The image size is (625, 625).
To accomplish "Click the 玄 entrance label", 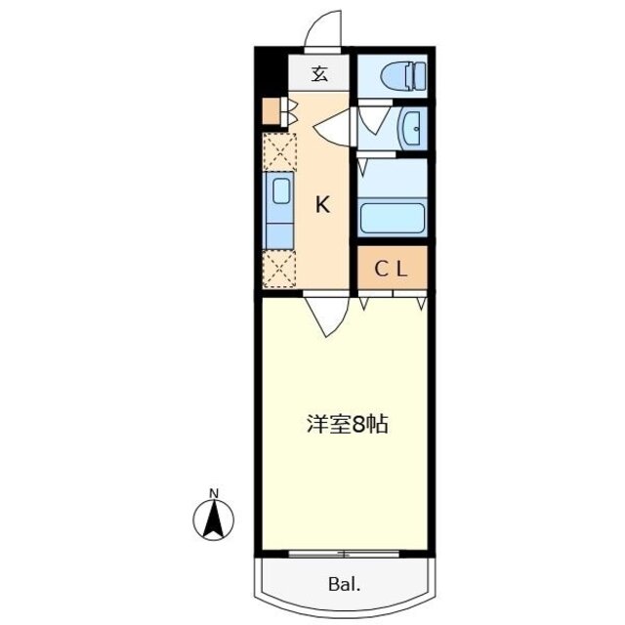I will pyautogui.click(x=319, y=73).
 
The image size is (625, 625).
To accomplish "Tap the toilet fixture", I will pyautogui.click(x=400, y=74).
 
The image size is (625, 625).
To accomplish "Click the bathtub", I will pyautogui.click(x=392, y=216).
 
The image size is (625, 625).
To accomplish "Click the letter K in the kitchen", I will pyautogui.click(x=322, y=205).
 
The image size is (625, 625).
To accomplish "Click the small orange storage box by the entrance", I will pyautogui.click(x=271, y=109).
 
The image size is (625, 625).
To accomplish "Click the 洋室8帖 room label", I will pyautogui.click(x=348, y=425).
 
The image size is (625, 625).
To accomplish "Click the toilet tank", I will pyautogui.click(x=417, y=74).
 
